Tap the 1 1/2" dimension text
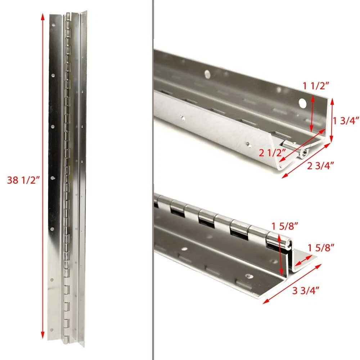point(316,86)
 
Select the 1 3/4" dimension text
point(346,121)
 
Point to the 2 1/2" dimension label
point(272,153)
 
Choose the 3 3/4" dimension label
point(306,291)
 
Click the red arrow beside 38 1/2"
point(42,176)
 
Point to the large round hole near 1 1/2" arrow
point(303,104)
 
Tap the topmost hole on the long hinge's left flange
point(54,24)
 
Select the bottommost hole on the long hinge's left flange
point(51,330)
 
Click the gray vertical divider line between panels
point(152,180)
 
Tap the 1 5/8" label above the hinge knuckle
point(285,226)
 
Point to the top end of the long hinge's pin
point(68,14)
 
